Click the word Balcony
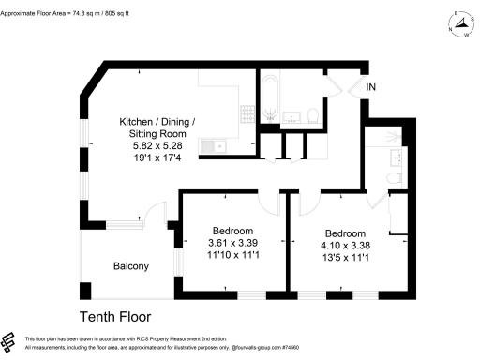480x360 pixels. click(x=131, y=266)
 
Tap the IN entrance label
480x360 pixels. click(x=372, y=88)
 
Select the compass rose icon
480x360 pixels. click(x=459, y=24)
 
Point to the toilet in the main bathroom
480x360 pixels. click(x=314, y=115)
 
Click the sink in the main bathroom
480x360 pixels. click(x=292, y=117)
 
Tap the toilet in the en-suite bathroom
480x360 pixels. click(x=395, y=177)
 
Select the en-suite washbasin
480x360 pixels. click(x=394, y=155)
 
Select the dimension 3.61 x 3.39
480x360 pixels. click(x=232, y=244)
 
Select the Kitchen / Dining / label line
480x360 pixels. click(x=157, y=122)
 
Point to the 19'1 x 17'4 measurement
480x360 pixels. click(x=157, y=159)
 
